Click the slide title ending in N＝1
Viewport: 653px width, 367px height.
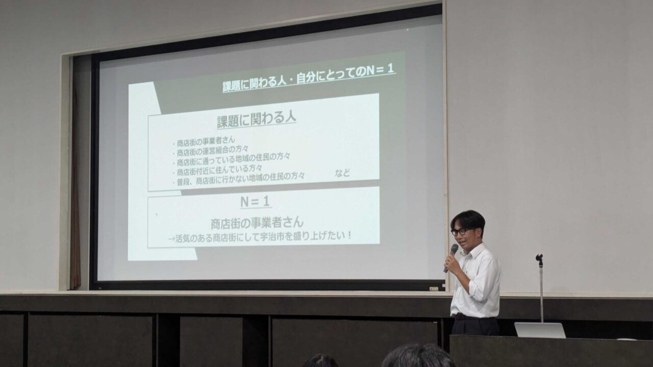[309, 78]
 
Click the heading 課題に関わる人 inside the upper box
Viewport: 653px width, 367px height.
[257, 120]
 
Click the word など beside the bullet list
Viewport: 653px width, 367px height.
[342, 173]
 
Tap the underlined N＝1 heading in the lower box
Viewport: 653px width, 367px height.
[256, 201]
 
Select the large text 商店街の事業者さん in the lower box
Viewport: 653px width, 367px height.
[257, 223]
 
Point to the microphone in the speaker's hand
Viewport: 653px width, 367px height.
[450, 258]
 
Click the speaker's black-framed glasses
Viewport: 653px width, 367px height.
[460, 232]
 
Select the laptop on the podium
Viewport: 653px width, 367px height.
[540, 330]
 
